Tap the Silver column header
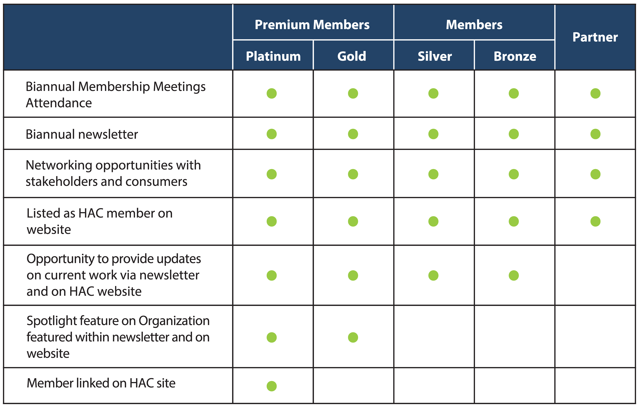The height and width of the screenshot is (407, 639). [x=435, y=56]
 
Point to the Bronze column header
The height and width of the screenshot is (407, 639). [x=515, y=56]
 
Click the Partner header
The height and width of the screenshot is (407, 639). [x=595, y=37]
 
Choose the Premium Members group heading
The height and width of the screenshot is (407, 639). [x=312, y=25]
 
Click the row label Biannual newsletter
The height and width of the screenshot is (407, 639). [x=82, y=134]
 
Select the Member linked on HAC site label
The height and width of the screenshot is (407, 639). [x=101, y=383]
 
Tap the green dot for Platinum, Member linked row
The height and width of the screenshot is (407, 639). [x=272, y=386]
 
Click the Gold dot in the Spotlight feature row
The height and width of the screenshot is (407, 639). [x=353, y=338]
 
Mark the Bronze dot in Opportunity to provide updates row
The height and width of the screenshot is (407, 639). [x=514, y=275]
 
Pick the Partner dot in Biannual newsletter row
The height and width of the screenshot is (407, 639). [x=595, y=134]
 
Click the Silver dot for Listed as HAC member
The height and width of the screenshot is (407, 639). [x=433, y=221]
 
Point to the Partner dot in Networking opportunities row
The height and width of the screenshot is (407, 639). [x=595, y=174]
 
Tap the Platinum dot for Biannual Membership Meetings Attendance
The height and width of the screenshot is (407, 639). [x=272, y=93]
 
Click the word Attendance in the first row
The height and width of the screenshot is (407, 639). [x=59, y=103]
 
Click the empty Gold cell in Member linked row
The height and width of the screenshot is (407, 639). [x=353, y=386]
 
